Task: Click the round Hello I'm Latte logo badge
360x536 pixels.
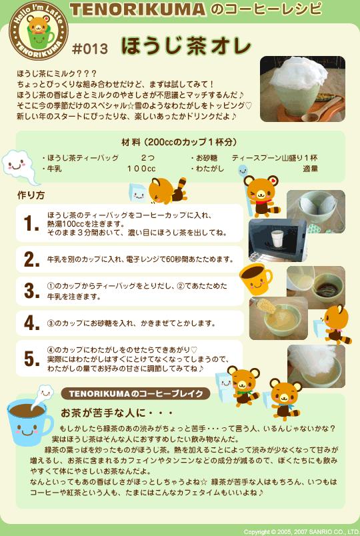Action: click(38, 31)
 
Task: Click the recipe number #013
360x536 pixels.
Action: click(90, 49)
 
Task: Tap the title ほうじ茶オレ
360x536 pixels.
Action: click(186, 46)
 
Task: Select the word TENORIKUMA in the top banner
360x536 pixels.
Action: click(138, 9)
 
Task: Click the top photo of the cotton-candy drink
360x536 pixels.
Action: click(303, 89)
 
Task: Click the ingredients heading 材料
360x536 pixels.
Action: click(131, 142)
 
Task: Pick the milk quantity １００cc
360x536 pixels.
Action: click(141, 169)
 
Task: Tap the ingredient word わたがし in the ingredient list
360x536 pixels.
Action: click(210, 169)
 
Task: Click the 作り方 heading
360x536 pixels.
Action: click(31, 195)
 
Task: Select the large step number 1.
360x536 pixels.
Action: click(31, 224)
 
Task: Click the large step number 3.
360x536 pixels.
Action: click(31, 291)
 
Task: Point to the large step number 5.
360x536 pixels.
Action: click(31, 359)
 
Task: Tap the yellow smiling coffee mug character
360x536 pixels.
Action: click(256, 279)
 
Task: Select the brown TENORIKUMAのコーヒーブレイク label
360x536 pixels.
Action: click(136, 393)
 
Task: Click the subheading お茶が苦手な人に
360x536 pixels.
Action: click(116, 413)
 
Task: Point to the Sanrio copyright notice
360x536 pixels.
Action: click(301, 532)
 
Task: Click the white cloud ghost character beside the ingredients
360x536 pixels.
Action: click(19, 167)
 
